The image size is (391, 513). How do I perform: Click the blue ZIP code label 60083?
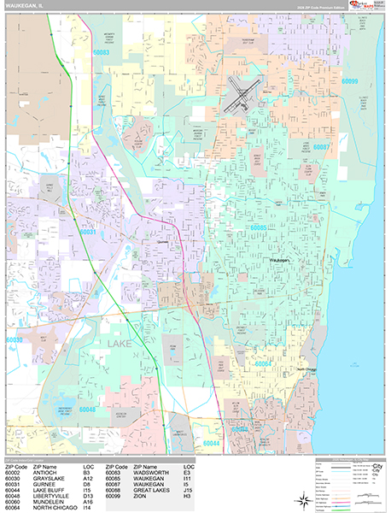click(101, 52)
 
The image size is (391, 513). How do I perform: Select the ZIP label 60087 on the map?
click(322, 147)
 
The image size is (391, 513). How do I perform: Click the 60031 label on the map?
click(88, 231)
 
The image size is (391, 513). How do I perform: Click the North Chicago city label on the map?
click(306, 369)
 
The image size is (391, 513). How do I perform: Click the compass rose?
click(303, 501)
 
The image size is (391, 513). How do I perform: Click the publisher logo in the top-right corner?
click(366, 7)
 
